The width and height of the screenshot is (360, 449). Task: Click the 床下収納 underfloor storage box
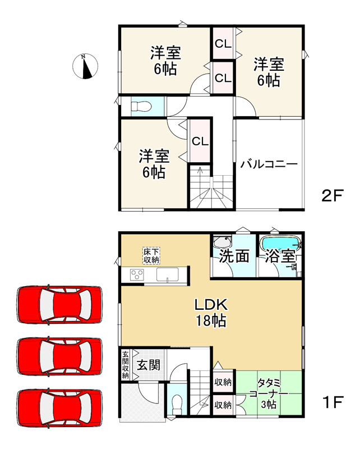151,255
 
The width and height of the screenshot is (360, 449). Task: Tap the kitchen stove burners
137,274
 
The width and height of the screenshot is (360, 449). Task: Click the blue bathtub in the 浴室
280,245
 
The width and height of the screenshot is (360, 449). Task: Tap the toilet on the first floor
178,402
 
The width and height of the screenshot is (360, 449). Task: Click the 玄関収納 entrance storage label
126,364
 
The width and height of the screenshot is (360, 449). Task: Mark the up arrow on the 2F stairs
200,172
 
